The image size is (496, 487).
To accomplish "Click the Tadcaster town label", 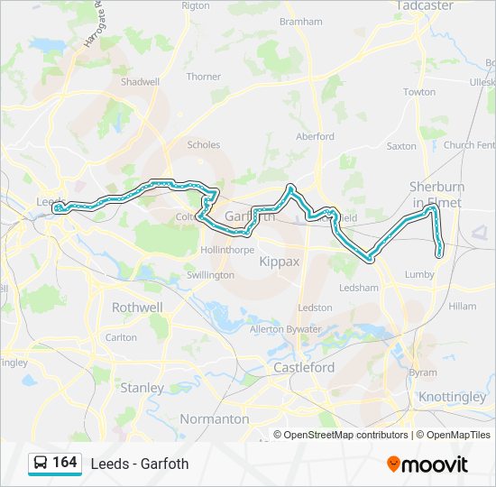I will [424, 5].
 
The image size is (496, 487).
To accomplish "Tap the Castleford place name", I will [304, 368].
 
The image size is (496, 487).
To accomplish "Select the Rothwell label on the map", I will [137, 308].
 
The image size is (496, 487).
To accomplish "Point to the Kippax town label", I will [279, 261].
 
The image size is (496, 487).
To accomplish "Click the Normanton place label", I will [214, 418].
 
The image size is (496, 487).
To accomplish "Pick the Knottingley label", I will [452, 397].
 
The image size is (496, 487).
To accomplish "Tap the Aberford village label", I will [315, 136].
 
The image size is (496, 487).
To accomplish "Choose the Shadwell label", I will [140, 81].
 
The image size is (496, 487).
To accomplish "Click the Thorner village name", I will [203, 77].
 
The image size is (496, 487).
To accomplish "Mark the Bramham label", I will [301, 21].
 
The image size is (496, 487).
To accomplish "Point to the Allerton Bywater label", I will [285, 329].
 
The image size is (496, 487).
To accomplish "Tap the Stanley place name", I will [142, 388].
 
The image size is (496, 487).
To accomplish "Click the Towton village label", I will [418, 92].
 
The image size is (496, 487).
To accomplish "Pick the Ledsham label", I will [358, 288].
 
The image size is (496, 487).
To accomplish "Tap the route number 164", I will [65, 463].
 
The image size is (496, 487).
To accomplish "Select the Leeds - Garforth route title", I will [140, 464].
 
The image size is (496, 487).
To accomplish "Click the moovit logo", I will [427, 464].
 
